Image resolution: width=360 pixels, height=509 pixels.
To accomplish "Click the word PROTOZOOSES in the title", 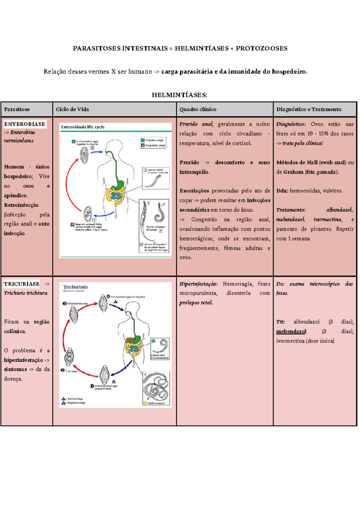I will [x=261, y=48].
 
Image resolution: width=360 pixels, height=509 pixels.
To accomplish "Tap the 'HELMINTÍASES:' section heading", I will [x=179, y=95].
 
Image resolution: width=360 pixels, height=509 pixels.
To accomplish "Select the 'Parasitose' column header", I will [x=17, y=109].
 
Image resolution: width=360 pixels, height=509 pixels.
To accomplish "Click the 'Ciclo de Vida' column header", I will [x=72, y=109].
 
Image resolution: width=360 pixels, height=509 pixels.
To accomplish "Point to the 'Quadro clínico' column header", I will [x=198, y=109].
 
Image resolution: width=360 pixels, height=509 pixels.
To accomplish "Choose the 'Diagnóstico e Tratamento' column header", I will [x=309, y=109].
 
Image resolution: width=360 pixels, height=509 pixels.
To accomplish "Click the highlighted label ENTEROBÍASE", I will [x=25, y=124].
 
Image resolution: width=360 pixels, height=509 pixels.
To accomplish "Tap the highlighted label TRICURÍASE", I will [x=22, y=284].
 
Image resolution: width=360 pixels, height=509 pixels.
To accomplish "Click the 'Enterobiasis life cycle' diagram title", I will [x=83, y=127].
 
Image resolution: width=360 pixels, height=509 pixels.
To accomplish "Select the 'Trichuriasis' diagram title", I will [x=75, y=287].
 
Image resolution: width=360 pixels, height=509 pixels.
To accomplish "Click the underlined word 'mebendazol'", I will [x=291, y=331].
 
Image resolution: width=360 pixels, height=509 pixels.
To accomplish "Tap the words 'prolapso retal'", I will [x=196, y=302].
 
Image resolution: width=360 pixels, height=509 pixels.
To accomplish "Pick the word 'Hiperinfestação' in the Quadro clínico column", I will [x=198, y=284].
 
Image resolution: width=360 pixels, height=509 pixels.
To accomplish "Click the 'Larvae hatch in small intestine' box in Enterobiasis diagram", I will [x=156, y=178].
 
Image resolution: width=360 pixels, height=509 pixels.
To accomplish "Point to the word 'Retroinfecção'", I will [x=21, y=205].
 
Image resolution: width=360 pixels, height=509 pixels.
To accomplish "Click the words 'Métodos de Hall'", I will [x=297, y=162].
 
